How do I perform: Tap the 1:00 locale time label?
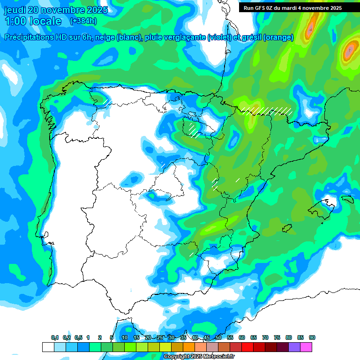(33, 21)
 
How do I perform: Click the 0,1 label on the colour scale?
(55, 338)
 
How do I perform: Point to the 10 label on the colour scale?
(125, 338)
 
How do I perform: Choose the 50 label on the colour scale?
(218, 338)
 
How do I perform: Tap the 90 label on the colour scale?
(312, 338)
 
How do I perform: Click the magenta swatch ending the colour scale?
(306, 347)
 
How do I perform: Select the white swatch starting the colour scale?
(48, 347)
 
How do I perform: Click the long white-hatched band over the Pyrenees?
(267, 111)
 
